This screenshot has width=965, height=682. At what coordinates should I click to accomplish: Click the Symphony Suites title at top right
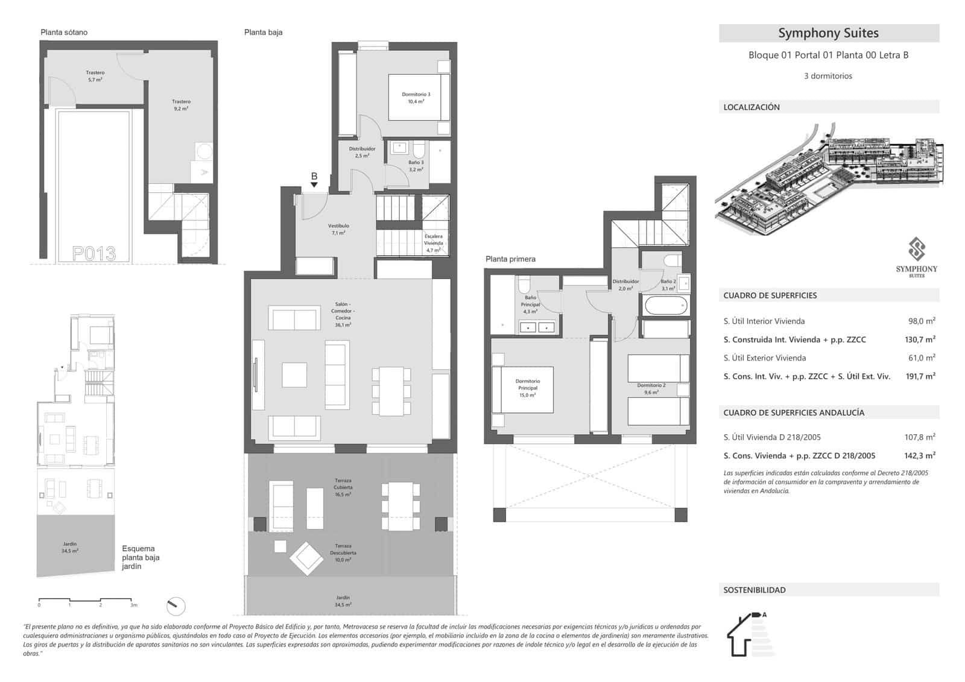point(828,33)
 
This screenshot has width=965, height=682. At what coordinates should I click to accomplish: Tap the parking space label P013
point(93,253)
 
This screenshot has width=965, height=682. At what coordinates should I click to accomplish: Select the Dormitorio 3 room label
point(416,98)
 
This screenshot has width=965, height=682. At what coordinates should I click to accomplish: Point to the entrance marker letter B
point(314,176)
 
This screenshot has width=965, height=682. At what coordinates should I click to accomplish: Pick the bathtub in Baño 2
point(665,306)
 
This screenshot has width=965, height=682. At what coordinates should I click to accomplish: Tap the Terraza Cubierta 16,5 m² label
point(343,487)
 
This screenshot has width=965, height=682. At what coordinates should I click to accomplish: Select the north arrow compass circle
point(176,605)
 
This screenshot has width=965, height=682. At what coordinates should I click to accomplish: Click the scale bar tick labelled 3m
point(134,604)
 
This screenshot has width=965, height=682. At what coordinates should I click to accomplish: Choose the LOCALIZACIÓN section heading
point(751,107)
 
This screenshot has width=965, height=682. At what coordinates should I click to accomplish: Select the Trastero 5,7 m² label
point(95,76)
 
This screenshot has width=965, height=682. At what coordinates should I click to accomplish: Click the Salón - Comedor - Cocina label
point(343,314)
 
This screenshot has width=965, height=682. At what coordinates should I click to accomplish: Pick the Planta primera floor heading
point(510,259)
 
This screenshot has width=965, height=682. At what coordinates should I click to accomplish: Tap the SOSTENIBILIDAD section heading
point(755,590)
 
